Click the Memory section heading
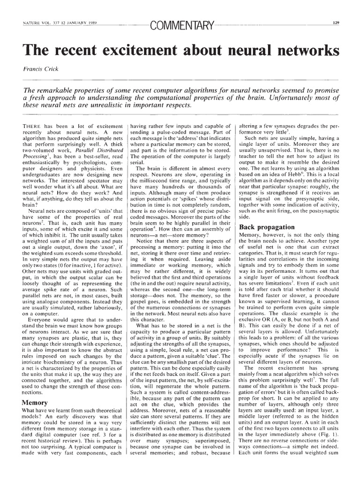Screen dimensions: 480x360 pyautogui.click(x=36, y=402)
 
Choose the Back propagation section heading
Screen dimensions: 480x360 pyautogui.click(x=267, y=226)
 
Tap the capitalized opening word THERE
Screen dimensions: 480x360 pyautogui.click(x=32, y=126)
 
